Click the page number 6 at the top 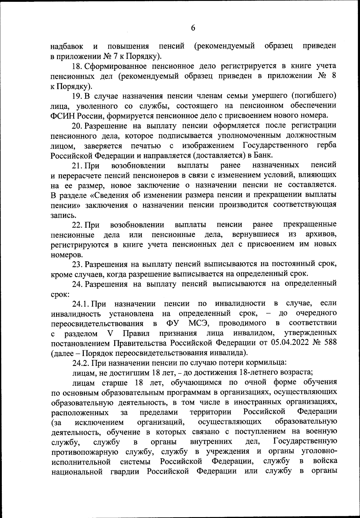click(x=193, y=28)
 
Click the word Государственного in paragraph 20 click(x=275, y=145)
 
